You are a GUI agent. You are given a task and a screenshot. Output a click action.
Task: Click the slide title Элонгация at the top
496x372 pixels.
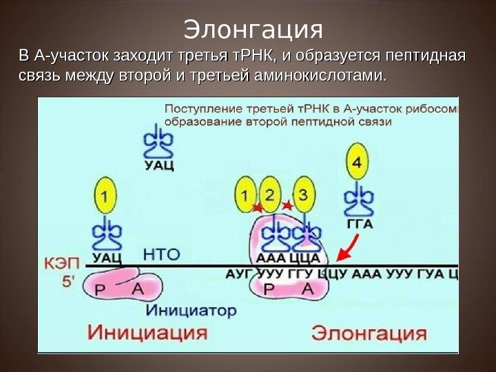pyautogui.click(x=253, y=29)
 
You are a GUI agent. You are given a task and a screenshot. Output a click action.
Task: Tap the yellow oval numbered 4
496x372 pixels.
pyautogui.click(x=356, y=163)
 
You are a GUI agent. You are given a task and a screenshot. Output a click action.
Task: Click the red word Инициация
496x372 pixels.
pyautogui.click(x=147, y=332)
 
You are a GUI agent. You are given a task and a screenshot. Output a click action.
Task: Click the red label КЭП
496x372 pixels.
pyautogui.click(x=62, y=262)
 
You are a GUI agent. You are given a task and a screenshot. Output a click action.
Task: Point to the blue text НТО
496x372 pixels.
pyautogui.click(x=161, y=254)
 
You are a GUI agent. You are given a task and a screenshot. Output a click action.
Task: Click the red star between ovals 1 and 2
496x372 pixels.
pyautogui.click(x=258, y=207)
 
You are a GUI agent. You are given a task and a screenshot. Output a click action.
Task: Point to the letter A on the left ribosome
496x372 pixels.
pyautogui.click(x=137, y=290)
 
